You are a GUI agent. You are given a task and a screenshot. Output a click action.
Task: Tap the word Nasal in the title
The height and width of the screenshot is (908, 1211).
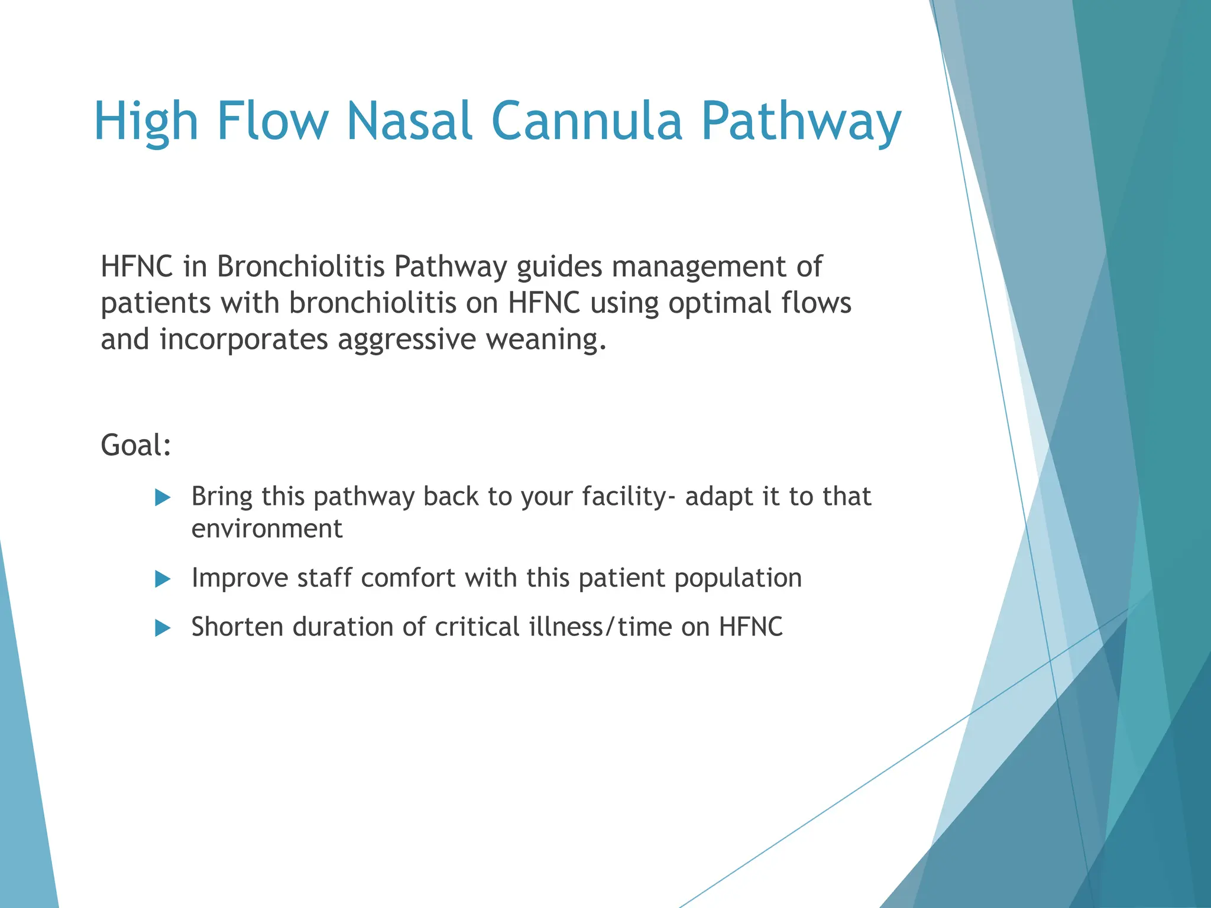click(409, 121)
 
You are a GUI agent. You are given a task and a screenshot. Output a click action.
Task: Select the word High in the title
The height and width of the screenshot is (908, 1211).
click(145, 121)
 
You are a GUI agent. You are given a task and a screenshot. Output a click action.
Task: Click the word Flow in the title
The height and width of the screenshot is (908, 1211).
click(272, 121)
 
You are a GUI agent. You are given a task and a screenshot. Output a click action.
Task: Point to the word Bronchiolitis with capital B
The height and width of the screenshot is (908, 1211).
click(300, 267)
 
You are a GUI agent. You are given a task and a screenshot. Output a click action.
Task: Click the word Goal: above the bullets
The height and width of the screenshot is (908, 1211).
click(136, 445)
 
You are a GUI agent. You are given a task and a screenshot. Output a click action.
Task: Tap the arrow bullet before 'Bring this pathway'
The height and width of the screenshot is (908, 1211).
click(163, 497)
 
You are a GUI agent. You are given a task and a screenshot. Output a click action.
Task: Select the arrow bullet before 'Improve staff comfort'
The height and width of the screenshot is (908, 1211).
click(163, 579)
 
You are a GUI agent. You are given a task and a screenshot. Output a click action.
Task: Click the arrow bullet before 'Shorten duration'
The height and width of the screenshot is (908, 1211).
click(163, 628)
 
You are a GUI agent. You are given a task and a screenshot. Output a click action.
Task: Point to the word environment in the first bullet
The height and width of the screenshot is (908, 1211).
click(267, 528)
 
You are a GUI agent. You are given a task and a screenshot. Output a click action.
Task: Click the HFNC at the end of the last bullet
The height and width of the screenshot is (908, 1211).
click(750, 627)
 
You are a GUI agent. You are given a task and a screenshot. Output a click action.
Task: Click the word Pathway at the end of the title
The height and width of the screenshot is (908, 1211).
click(801, 121)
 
